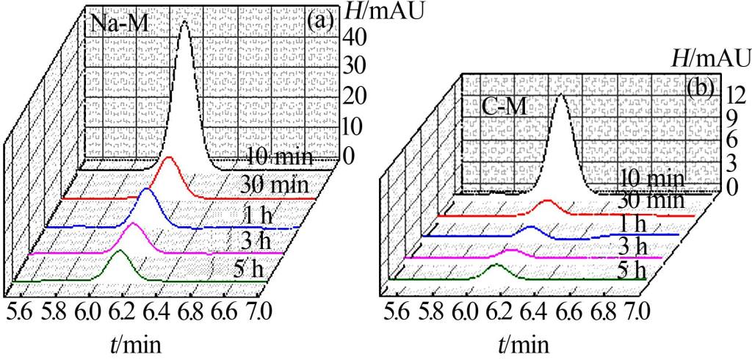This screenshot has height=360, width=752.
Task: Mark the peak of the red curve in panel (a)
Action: click(x=170, y=158)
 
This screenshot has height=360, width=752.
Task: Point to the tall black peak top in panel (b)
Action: click(x=562, y=96)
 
